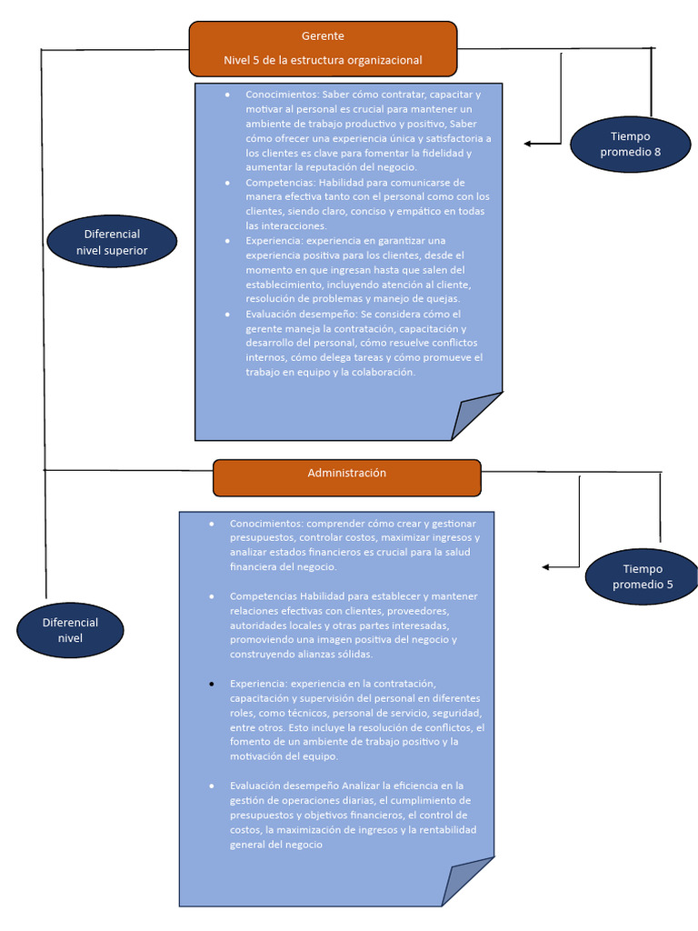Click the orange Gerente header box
(323, 48)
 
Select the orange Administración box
(346, 477)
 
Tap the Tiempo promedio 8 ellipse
(630, 145)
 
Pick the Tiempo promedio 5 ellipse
(642, 576)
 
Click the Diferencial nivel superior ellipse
(112, 242)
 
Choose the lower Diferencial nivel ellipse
(70, 630)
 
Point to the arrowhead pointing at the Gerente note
(529, 144)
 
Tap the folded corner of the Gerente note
(476, 416)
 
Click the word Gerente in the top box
(323, 36)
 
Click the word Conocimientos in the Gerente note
(275, 95)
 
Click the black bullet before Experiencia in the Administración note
(212, 683)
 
